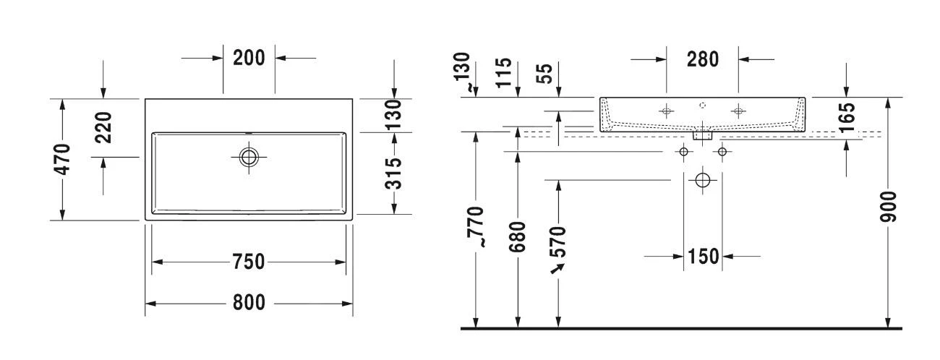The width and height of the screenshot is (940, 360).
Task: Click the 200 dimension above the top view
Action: pyautogui.click(x=249, y=58)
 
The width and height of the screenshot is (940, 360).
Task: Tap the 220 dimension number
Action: pyautogui.click(x=103, y=127)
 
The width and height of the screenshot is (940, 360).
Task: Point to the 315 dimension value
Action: pyautogui.click(x=393, y=173)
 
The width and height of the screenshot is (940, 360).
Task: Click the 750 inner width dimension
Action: pyautogui.click(x=247, y=262)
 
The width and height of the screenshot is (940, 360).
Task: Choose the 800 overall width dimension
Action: pyautogui.click(x=248, y=303)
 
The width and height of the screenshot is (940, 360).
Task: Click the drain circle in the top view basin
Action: pyautogui.click(x=249, y=157)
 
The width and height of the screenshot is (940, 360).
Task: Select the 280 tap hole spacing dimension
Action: pyautogui.click(x=702, y=59)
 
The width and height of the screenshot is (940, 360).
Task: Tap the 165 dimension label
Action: pyautogui.click(x=847, y=117)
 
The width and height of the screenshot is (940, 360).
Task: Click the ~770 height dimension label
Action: pyautogui.click(x=475, y=226)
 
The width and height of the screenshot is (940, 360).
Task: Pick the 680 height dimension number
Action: pyautogui.click(x=518, y=236)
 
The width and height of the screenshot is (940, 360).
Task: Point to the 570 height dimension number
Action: pyautogui.click(x=558, y=240)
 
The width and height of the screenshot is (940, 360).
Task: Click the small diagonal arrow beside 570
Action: pyautogui.click(x=557, y=269)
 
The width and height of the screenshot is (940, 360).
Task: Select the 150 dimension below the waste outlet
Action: pyautogui.click(x=703, y=256)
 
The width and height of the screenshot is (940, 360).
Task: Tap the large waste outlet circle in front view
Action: pyautogui.click(x=702, y=180)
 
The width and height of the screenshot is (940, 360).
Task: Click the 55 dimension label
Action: pyautogui.click(x=558, y=72)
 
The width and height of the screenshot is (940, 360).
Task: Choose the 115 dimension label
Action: pyautogui.click(x=518, y=72)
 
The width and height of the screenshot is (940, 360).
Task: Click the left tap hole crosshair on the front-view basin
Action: pyautogui.click(x=666, y=111)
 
